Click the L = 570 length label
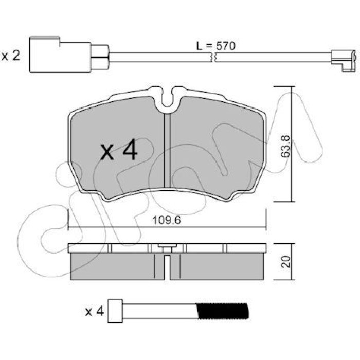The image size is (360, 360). [x=216, y=46]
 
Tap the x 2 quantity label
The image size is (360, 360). [x=11, y=56]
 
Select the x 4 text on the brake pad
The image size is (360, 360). [x=119, y=150]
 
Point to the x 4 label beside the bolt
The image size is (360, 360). [x=95, y=312]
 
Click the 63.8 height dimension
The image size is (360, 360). [x=285, y=146]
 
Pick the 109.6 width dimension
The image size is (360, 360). [x=167, y=221]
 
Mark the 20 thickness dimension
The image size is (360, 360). [x=285, y=262]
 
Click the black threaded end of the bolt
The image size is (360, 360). [x=223, y=311]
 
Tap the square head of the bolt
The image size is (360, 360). [x=115, y=311]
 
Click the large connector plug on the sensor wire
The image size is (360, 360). [x=60, y=55]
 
